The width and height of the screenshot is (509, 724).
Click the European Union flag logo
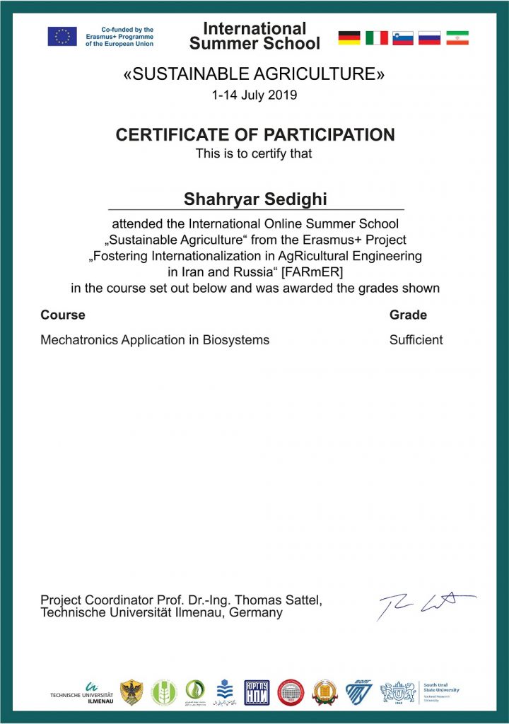point(62,36)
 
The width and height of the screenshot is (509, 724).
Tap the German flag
point(349,37)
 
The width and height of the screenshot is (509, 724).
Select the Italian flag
point(376,37)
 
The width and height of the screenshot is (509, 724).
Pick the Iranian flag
point(457,37)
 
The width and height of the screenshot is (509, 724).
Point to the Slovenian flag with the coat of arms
point(403,37)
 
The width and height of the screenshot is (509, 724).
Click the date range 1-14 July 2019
point(255,95)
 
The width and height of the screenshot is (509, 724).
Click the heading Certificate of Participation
point(255,134)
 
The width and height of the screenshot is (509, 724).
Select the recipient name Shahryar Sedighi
point(255,199)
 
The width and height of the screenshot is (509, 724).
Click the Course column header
point(63,315)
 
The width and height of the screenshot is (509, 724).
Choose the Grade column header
point(408,315)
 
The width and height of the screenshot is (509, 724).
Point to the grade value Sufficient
point(416,339)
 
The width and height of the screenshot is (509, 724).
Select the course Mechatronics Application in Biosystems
point(155,339)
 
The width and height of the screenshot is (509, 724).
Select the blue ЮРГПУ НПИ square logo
point(257,692)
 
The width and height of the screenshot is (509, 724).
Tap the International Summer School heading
point(255,36)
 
